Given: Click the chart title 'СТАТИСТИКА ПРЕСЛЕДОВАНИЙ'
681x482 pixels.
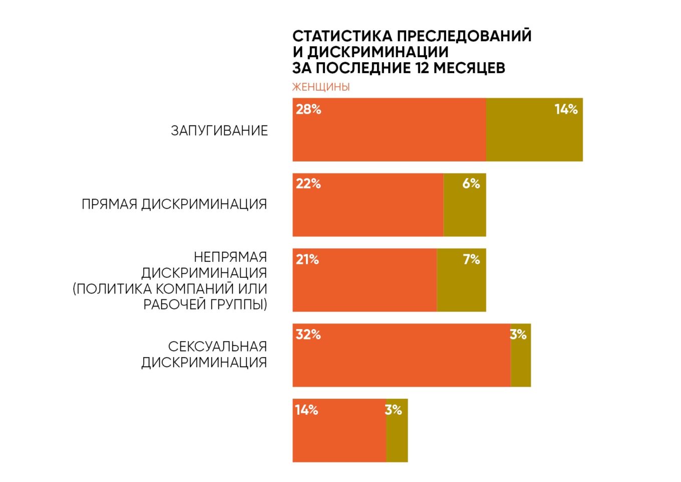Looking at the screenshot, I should coord(412,36).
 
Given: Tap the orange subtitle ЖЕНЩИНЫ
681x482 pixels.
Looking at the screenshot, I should coord(321,87).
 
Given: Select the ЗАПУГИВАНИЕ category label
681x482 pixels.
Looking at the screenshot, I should coord(219,130).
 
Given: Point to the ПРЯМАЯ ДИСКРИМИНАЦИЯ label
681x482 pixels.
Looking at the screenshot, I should coord(174,204).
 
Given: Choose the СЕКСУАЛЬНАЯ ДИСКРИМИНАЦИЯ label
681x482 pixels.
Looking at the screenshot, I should coord(204,354).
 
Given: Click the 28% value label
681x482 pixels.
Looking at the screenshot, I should coord(308,109).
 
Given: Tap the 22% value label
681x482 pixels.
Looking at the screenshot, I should coord(308,184).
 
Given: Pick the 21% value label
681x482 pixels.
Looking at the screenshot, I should coord(307,259).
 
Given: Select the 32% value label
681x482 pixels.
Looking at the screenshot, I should coord(308,335).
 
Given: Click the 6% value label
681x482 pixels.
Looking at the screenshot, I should coord(471,184).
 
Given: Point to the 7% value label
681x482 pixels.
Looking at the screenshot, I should coord(471,259).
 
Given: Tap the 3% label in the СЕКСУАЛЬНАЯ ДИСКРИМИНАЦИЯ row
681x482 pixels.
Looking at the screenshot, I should coord(518,335).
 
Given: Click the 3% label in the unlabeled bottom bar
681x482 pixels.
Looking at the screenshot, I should coord(394,410).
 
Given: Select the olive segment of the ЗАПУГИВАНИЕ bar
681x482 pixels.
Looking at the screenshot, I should coord(534,135).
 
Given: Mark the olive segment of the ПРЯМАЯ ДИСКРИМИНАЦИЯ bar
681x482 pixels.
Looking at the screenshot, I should coord(465,211).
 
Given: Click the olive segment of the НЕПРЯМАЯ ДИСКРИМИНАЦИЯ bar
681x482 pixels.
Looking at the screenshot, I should coord(461,286).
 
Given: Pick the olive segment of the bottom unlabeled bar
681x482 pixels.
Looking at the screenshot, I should coord(397,436).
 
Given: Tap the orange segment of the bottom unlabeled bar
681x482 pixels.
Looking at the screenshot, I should coord(339,436).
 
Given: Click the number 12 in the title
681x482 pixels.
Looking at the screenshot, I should coord(423,68).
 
